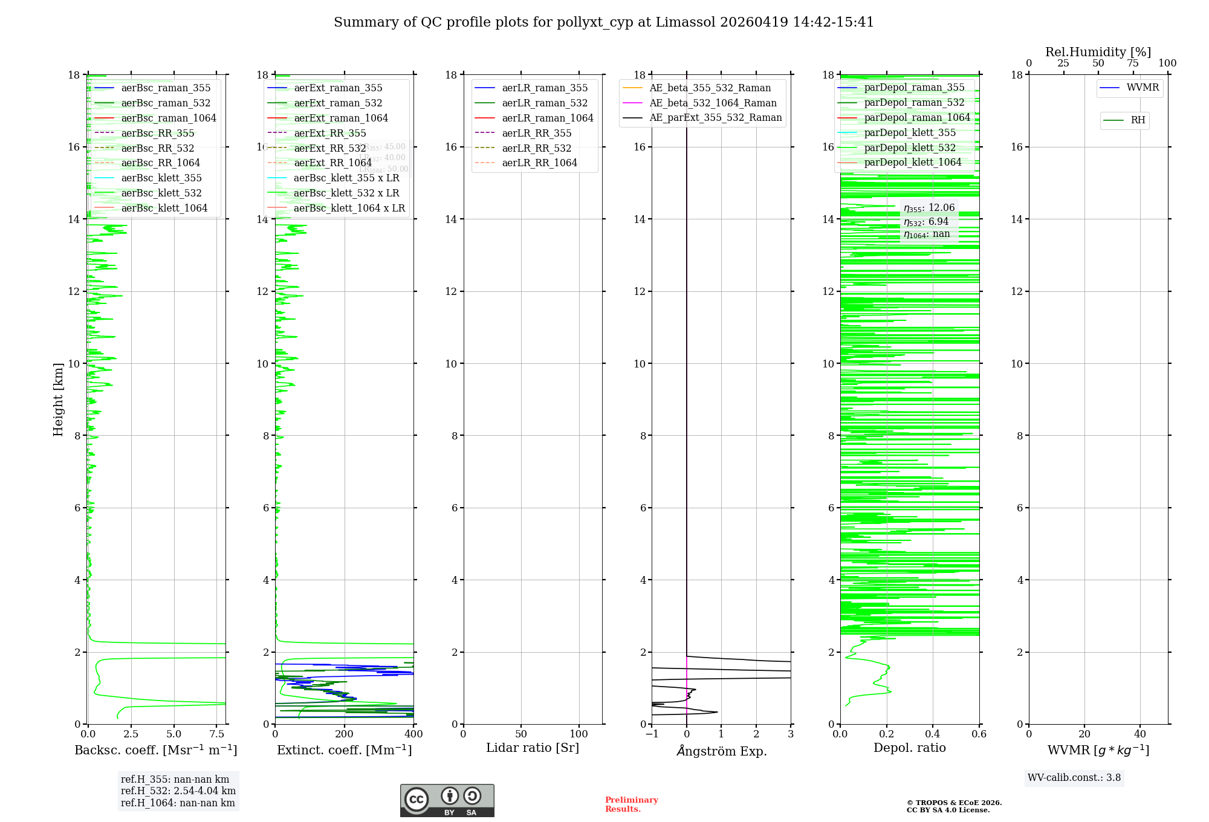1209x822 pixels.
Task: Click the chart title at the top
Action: pyautogui.click(x=603, y=22)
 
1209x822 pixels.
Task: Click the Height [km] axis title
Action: pyautogui.click(x=58, y=399)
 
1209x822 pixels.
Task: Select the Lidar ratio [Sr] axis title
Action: pyautogui.click(x=532, y=748)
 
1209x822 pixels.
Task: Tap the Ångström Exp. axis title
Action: pyautogui.click(x=721, y=751)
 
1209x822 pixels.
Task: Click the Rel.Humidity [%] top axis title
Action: pyautogui.click(x=1098, y=52)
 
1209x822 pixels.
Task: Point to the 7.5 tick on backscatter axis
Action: pyautogui.click(x=216, y=734)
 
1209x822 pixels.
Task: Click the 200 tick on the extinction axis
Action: pyautogui.click(x=344, y=734)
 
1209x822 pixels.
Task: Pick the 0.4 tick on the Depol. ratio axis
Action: pyautogui.click(x=933, y=734)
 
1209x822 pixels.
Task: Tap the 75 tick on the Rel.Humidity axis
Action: pyautogui.click(x=1133, y=63)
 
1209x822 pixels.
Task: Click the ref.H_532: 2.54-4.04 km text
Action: pyautogui.click(x=178, y=791)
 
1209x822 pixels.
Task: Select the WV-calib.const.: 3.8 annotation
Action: pyautogui.click(x=1074, y=778)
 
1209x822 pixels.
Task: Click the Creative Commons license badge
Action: pyautogui.click(x=447, y=800)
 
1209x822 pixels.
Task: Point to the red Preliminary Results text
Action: pyautogui.click(x=631, y=804)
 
